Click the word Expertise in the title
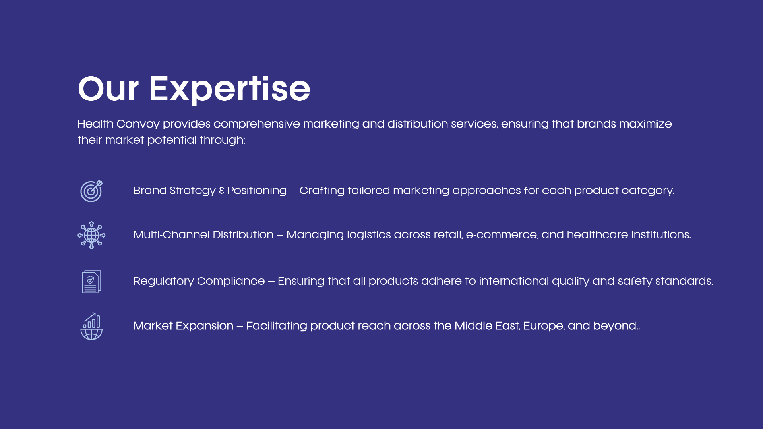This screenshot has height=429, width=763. (229, 90)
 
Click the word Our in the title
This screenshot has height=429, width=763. (108, 89)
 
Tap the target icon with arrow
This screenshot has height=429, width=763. (91, 191)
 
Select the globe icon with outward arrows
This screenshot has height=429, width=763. (91, 235)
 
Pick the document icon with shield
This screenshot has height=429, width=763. (91, 282)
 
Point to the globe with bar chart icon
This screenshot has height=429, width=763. (91, 326)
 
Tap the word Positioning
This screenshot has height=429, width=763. (257, 191)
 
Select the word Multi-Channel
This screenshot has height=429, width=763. (171, 234)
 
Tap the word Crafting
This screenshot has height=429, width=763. (322, 191)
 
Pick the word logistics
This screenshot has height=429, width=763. (369, 235)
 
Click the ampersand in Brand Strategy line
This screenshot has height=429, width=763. (221, 191)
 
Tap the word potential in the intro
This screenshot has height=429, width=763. (172, 141)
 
